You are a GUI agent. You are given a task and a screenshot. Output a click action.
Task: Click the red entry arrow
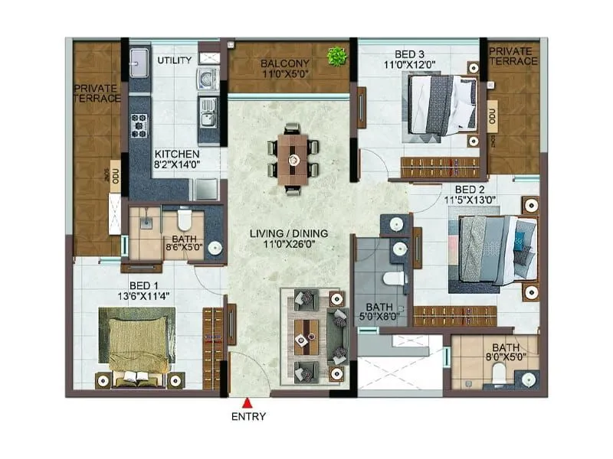[247, 403]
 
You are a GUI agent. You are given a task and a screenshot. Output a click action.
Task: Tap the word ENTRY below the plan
[247, 417]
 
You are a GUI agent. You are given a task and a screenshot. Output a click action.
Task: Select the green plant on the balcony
[334, 56]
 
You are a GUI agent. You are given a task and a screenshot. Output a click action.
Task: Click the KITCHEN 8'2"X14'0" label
[176, 158]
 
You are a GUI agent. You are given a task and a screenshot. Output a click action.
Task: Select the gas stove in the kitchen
[139, 124]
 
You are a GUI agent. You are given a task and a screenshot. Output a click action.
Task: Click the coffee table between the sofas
[309, 334]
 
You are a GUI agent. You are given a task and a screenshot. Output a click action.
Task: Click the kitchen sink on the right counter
[208, 117]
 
